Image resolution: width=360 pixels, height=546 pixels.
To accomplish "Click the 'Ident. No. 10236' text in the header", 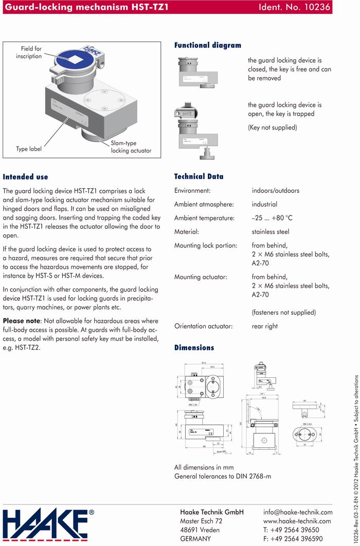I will (x=295, y=7).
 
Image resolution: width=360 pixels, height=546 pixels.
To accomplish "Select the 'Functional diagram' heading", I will (x=207, y=45).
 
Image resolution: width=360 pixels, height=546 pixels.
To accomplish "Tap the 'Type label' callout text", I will (x=29, y=149).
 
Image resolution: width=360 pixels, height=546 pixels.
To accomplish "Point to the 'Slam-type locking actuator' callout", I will (x=131, y=147).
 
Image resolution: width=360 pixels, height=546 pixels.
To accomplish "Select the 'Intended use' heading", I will (x=25, y=177).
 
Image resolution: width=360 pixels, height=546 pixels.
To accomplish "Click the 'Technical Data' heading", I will (x=199, y=176).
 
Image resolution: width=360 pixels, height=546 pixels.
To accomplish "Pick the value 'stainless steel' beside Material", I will (x=271, y=232).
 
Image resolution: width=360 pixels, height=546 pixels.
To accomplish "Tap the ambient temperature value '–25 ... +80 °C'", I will (x=275, y=218).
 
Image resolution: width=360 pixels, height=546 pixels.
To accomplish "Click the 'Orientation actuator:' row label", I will (x=204, y=326).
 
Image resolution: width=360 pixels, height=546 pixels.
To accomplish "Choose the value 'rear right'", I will (x=264, y=326).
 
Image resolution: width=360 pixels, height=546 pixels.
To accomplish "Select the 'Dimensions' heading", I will (x=194, y=348).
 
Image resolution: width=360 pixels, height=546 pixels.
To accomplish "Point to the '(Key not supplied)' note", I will (x=272, y=128).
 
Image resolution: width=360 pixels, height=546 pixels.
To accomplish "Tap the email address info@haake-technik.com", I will (x=297, y=512).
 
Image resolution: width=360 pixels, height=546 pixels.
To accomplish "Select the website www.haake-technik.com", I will (x=297, y=521).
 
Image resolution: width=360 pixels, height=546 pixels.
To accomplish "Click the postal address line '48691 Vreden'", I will (x=200, y=530).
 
